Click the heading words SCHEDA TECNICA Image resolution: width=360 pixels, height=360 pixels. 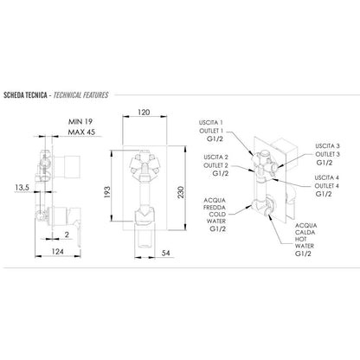point(25,95)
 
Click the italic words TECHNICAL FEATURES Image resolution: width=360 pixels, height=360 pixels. point(81,95)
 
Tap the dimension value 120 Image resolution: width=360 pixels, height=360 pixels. point(144,112)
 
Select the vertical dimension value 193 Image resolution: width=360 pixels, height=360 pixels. point(107,192)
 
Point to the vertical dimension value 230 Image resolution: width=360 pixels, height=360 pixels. point(181,192)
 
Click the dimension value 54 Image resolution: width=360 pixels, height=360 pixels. point(165,253)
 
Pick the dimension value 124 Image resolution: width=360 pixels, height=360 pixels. point(58,252)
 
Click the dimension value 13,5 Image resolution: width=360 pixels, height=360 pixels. point(22,188)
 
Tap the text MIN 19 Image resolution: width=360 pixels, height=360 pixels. point(80,122)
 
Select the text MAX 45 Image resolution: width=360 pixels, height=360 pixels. point(81,132)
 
